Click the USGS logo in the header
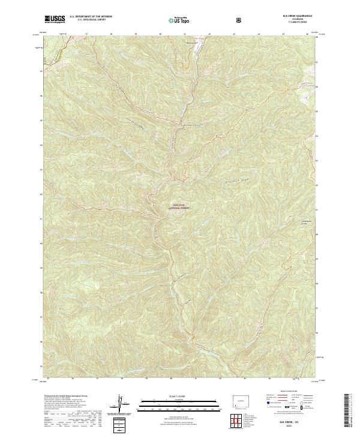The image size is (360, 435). point(55,20)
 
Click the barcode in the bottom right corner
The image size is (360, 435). point(346,412)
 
